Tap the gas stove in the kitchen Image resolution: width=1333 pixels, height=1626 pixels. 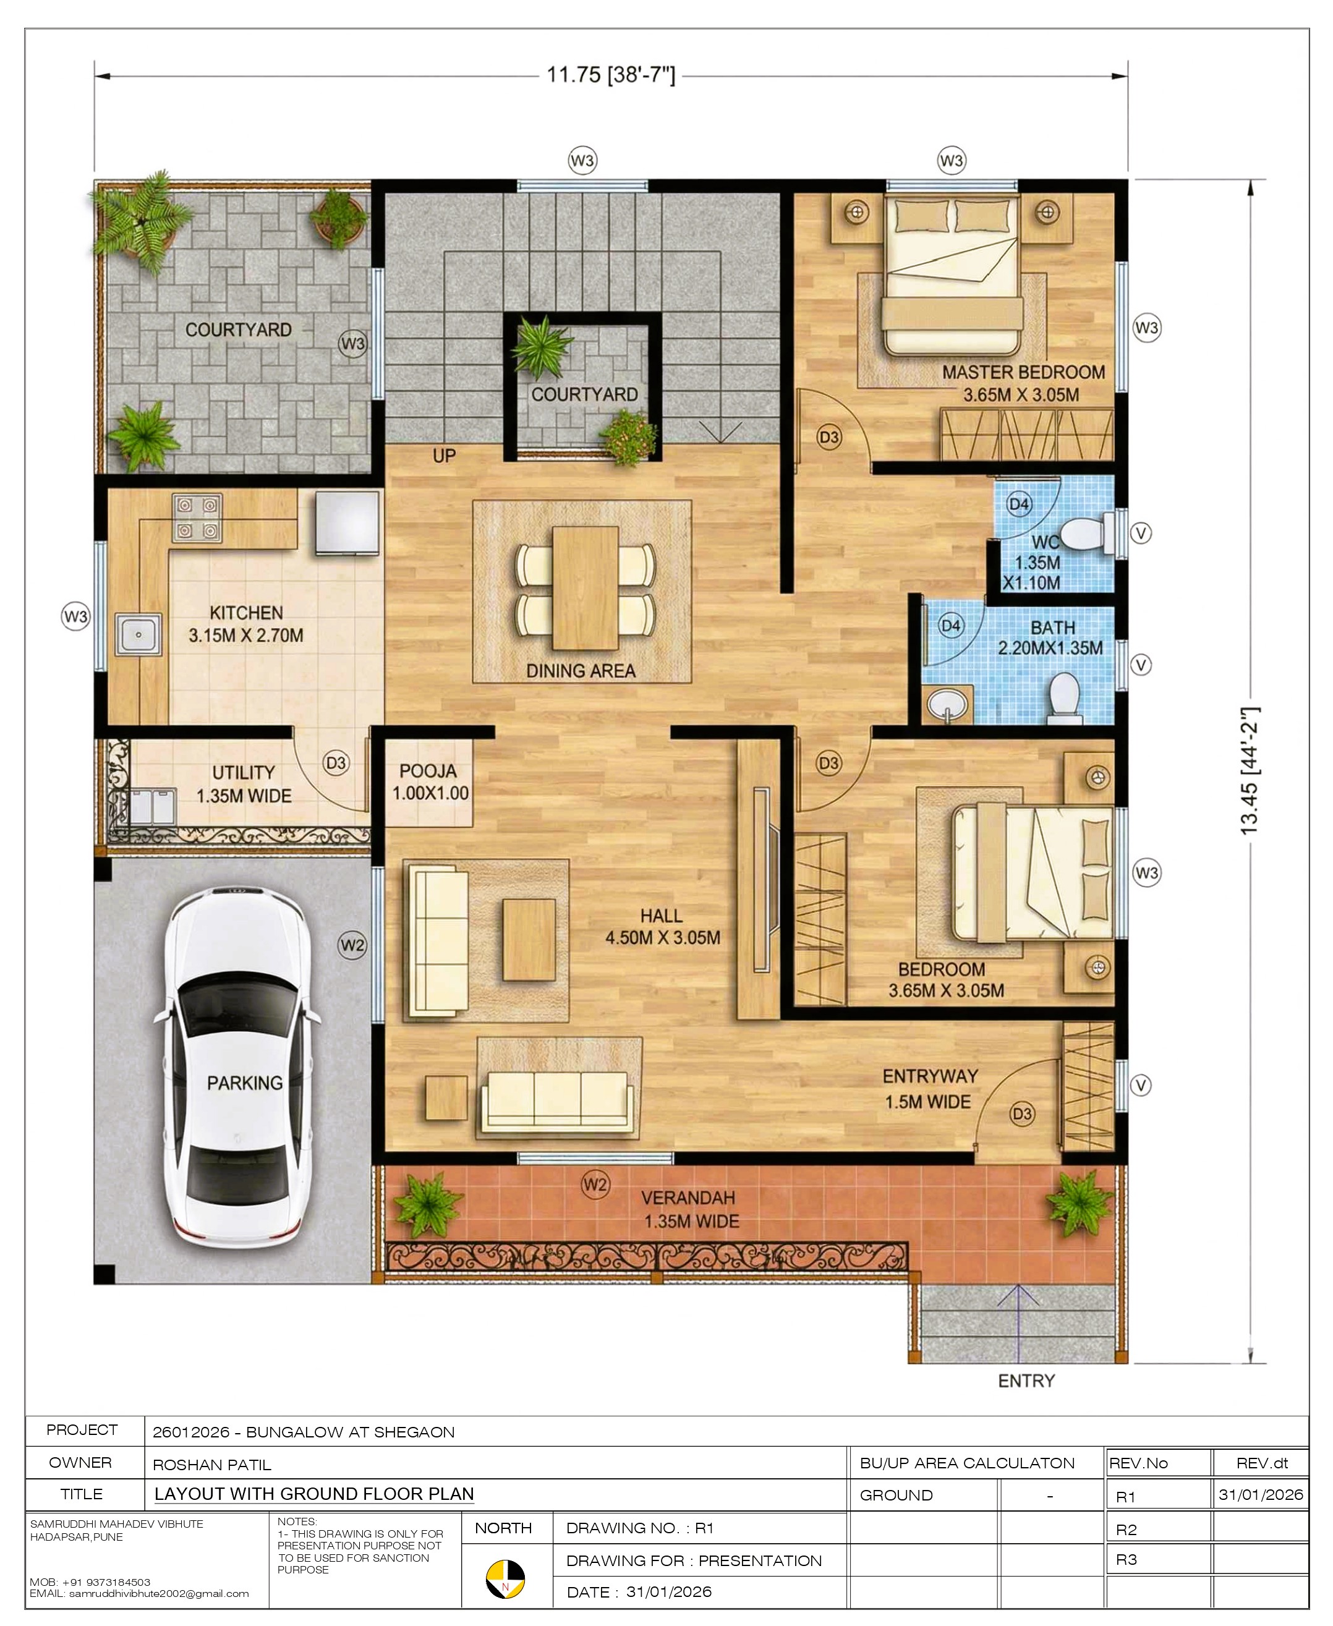[198, 517]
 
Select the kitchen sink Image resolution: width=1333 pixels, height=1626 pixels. [138, 634]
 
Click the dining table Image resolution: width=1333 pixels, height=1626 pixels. [585, 587]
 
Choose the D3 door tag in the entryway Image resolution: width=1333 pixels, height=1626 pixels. [1022, 1114]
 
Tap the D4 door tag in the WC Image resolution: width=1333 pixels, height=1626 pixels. [1019, 504]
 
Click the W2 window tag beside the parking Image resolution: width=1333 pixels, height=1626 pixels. [352, 945]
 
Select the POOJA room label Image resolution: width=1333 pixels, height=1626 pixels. [428, 771]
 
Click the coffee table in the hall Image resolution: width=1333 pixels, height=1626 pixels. [529, 940]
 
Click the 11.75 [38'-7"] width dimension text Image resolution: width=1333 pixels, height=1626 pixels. [611, 75]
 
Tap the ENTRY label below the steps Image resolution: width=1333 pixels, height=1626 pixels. [1026, 1381]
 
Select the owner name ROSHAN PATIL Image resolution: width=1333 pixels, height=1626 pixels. [212, 1465]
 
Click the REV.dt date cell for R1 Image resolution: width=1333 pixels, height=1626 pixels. [1261, 1494]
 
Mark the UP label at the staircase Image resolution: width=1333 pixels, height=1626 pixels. [444, 456]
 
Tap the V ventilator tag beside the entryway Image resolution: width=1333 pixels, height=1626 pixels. [1141, 1086]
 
